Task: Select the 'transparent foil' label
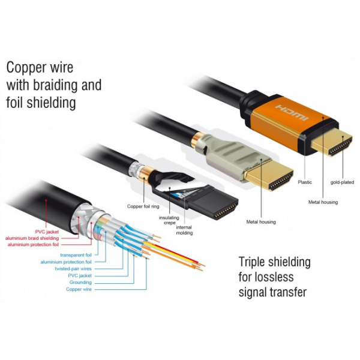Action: (76, 255)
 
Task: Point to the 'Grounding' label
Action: (80, 282)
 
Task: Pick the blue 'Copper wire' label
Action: (78, 289)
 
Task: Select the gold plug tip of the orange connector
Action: (340, 145)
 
